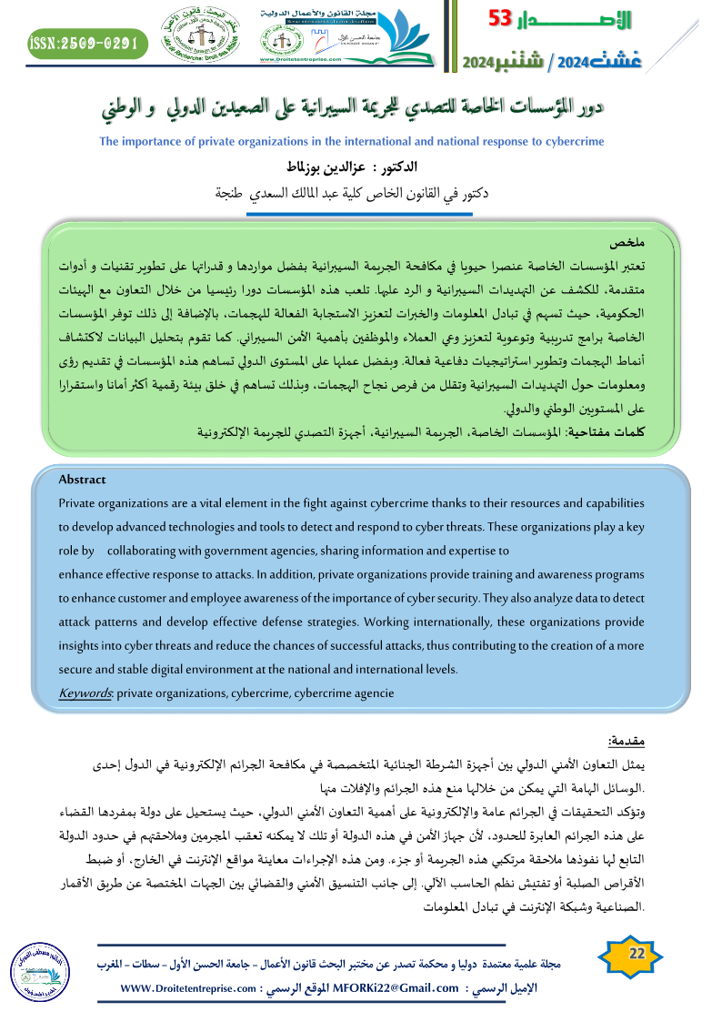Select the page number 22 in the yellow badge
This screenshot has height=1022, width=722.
637,953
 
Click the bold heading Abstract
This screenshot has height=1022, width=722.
82,480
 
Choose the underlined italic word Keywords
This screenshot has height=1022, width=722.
84,693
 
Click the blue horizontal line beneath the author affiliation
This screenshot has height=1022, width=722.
362,215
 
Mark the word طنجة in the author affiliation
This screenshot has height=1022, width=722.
234,193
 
